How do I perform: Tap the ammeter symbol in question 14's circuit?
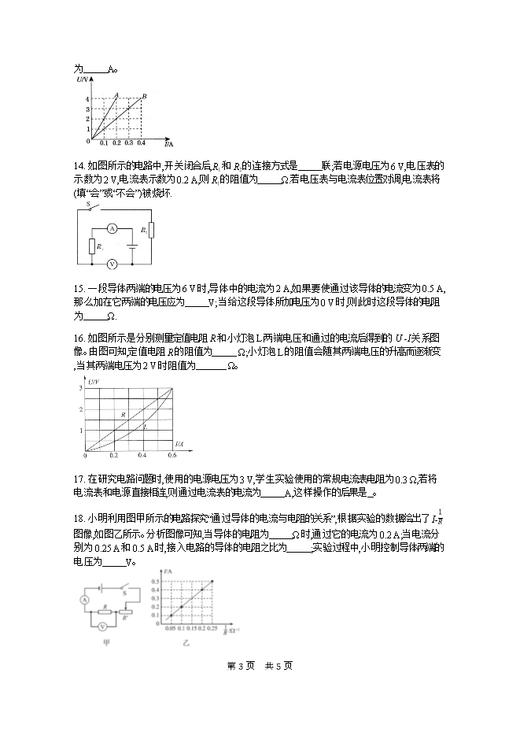(x=112, y=227)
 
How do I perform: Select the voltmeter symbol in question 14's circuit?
(x=112, y=264)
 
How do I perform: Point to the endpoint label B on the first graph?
(x=144, y=96)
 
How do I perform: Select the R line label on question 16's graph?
(x=124, y=412)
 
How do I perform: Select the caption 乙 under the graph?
(x=186, y=643)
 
